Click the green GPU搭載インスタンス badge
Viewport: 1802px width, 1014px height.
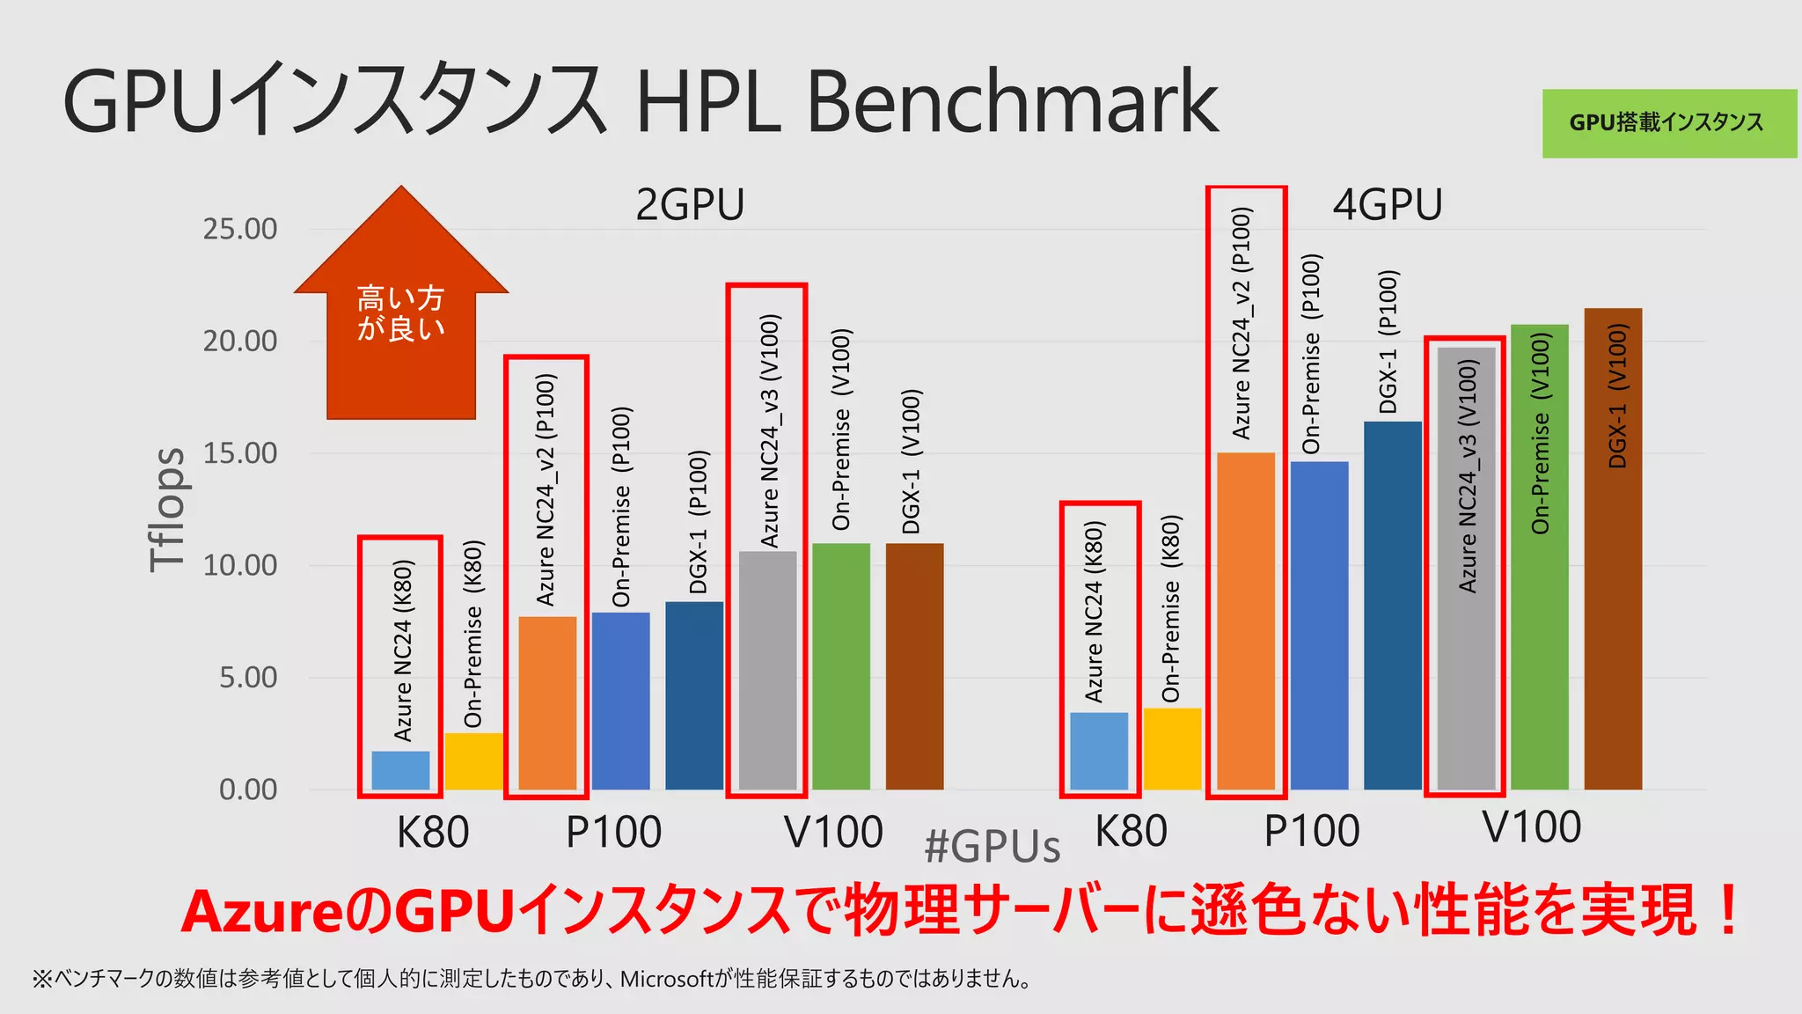1668,123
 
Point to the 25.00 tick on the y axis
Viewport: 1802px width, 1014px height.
239,230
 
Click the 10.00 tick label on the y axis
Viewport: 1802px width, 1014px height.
239,566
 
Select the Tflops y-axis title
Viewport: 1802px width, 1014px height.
167,510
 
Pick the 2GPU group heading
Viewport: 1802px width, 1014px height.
690,205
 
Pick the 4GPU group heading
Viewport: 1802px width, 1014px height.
1388,205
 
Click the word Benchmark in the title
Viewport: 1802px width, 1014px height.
1012,103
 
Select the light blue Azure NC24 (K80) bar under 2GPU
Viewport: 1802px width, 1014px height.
400,770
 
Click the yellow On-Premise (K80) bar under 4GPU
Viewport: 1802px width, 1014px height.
1172,749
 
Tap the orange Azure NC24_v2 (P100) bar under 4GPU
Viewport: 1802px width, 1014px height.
1245,621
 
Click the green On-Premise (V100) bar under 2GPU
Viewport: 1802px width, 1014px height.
840,666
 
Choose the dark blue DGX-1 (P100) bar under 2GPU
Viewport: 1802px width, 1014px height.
694,695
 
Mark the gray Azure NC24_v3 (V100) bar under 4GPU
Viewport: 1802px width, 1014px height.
1466,568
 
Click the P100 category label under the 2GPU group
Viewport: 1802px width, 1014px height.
613,833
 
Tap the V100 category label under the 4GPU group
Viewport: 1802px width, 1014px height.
1531,828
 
